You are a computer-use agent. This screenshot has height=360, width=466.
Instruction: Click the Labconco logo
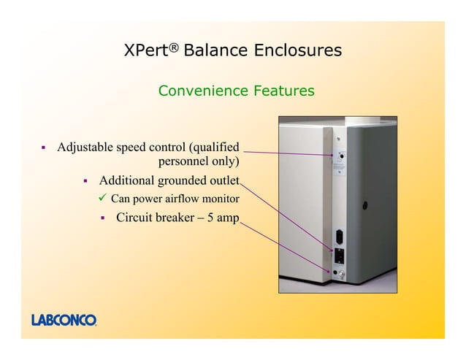pyautogui.click(x=64, y=319)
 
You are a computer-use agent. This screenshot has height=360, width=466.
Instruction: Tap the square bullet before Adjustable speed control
pyautogui.click(x=43, y=148)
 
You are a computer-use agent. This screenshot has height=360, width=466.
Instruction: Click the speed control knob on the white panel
pyautogui.click(x=340, y=156)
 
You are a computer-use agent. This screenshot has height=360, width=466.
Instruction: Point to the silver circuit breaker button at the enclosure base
pyautogui.click(x=340, y=274)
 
